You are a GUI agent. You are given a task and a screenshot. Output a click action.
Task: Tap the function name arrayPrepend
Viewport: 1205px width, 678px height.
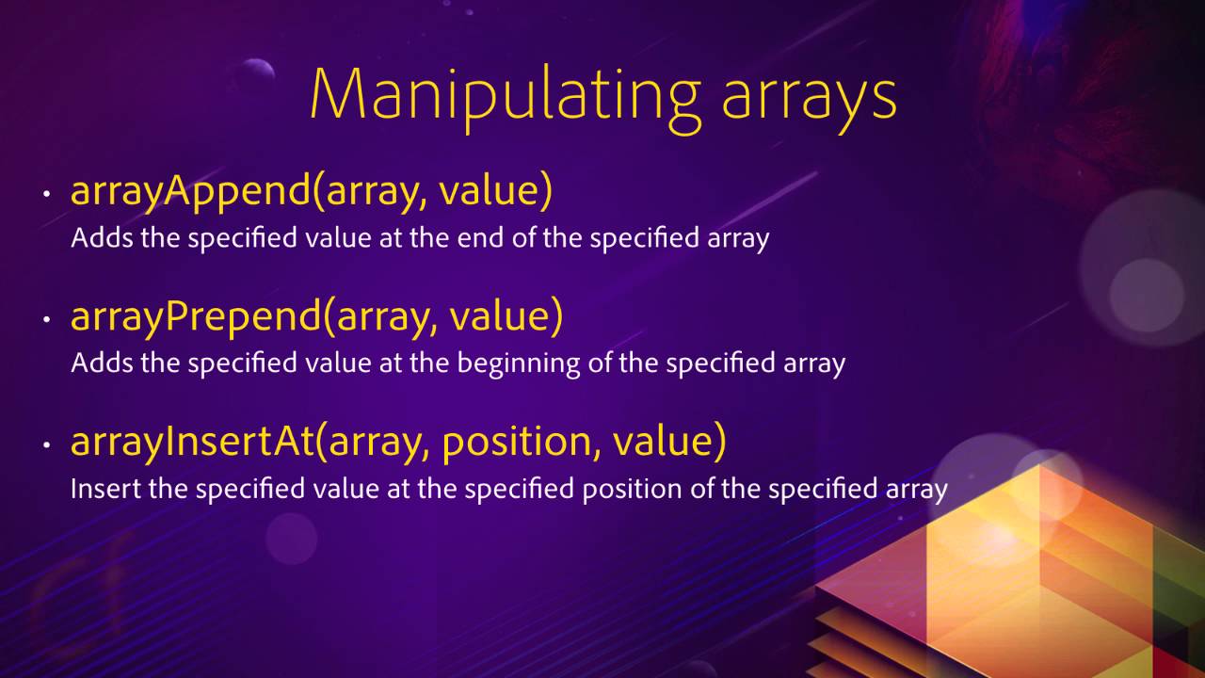point(196,317)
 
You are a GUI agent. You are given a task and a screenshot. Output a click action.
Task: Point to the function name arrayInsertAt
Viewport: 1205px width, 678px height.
point(192,443)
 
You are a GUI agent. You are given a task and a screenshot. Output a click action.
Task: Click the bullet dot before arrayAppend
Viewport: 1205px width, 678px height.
point(46,195)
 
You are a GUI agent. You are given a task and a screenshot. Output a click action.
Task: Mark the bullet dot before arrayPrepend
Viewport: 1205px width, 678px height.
point(46,320)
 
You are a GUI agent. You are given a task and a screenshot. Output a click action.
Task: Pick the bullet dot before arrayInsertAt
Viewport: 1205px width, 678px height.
point(46,445)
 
